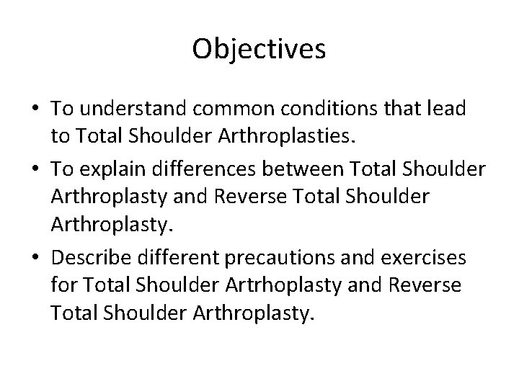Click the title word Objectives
click(x=259, y=50)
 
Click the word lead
click(x=449, y=109)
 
